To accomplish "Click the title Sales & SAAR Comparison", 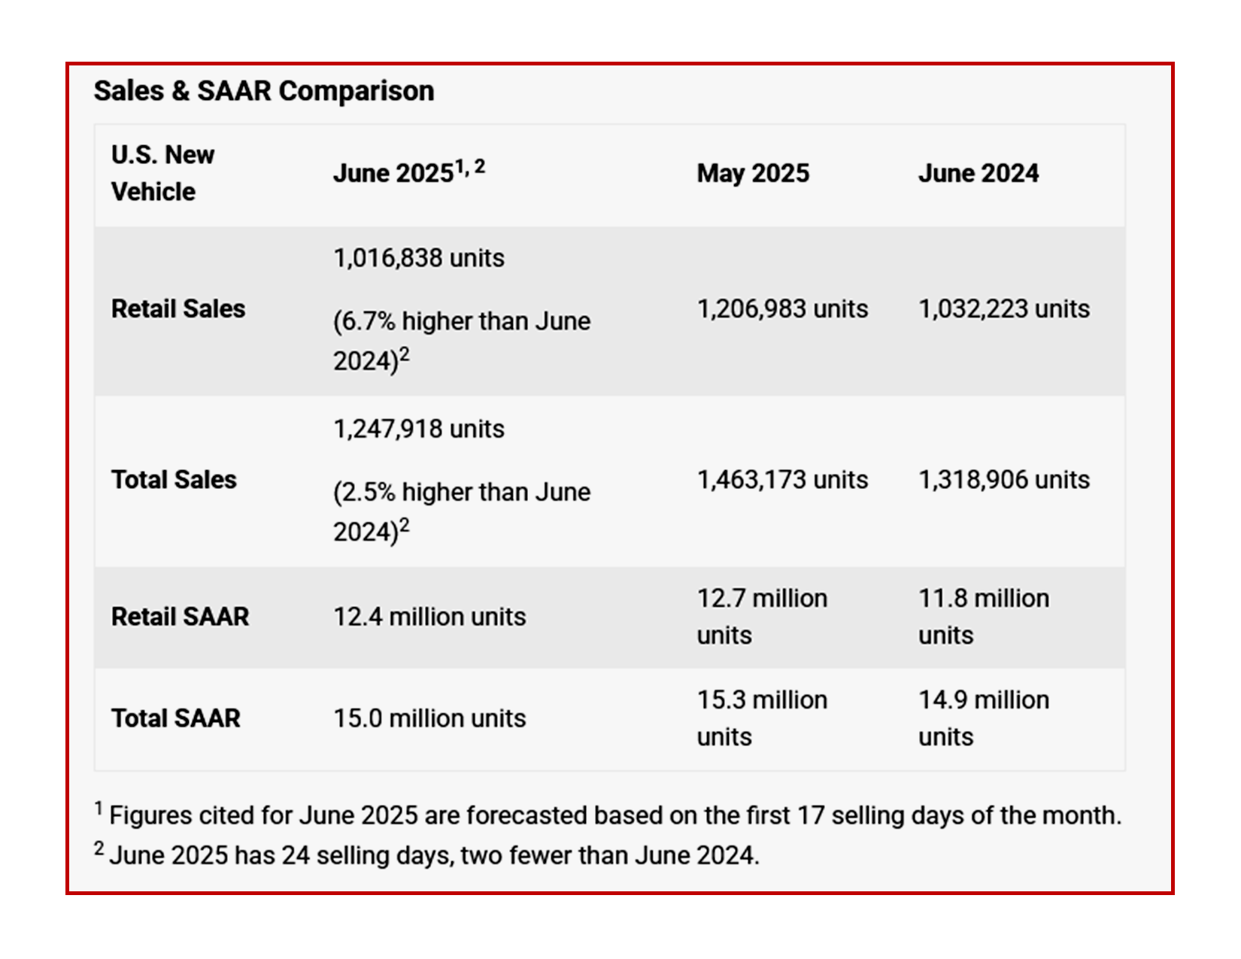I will (x=264, y=91).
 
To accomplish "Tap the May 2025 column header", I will (x=753, y=173).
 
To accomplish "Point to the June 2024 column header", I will (x=978, y=173).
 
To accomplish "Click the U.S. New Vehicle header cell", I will (x=162, y=173).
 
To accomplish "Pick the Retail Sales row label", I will (x=178, y=309).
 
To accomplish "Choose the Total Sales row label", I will (x=174, y=480).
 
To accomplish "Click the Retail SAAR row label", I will (x=180, y=617).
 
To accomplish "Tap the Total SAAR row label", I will (x=175, y=718).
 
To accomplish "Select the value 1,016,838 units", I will (x=419, y=258).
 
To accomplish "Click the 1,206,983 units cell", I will (x=782, y=309).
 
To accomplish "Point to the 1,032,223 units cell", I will (x=1003, y=309).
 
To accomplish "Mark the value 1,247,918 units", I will (x=419, y=429).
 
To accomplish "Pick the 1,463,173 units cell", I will (x=782, y=480).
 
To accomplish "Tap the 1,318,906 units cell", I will (x=1003, y=480).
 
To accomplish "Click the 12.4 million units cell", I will (x=429, y=617).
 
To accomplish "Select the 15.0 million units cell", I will (x=429, y=718).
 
